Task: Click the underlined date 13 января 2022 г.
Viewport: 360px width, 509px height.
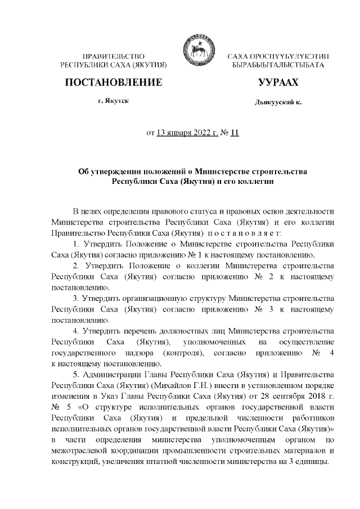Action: [x=187, y=133]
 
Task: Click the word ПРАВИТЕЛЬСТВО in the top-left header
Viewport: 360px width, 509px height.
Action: [x=114, y=57]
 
